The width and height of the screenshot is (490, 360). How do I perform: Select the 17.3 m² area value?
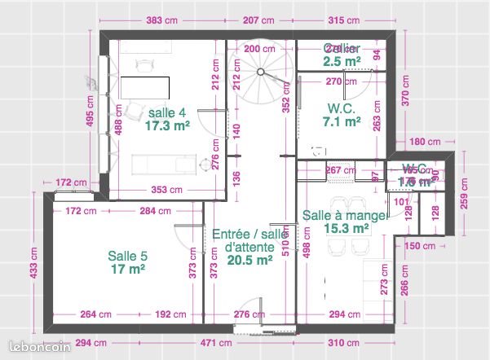pyautogui.click(x=169, y=126)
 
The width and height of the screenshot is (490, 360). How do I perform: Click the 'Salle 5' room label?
pyautogui.click(x=127, y=255)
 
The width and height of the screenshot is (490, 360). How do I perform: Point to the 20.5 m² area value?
pyautogui.click(x=249, y=261)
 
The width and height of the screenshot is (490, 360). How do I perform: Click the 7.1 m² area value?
pyautogui.click(x=342, y=121)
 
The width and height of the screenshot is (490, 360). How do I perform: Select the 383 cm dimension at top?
pyautogui.click(x=163, y=20)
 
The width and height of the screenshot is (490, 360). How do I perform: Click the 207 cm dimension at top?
pyautogui.click(x=258, y=20)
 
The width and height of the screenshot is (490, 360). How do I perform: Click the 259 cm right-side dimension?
pyautogui.click(x=465, y=193)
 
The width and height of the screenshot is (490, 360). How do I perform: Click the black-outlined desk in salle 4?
pyautogui.click(x=146, y=87)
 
